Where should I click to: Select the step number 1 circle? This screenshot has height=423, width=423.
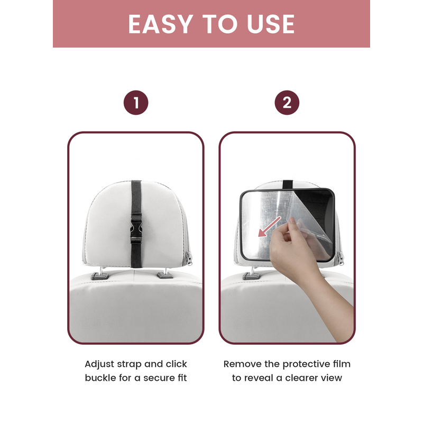pyautogui.click(x=136, y=103)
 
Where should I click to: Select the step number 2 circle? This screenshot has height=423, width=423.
pyautogui.click(x=287, y=103)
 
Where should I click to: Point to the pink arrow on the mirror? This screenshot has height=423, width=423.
pyautogui.click(x=269, y=227)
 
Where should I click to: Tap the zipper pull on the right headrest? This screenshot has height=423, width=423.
pyautogui.click(x=341, y=259)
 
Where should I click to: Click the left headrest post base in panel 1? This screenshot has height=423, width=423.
pyautogui.click(x=99, y=276)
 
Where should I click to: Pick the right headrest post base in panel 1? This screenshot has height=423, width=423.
pyautogui.click(x=165, y=275)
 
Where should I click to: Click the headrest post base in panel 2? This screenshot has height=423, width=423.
pyautogui.click(x=251, y=276)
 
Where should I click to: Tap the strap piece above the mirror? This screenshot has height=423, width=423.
pyautogui.click(x=288, y=185)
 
